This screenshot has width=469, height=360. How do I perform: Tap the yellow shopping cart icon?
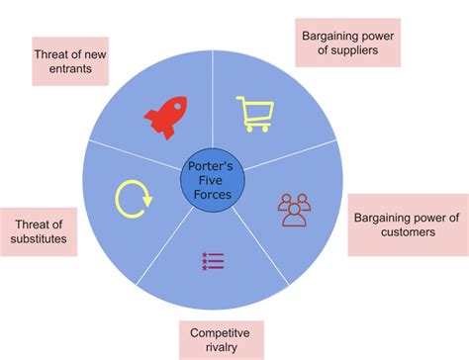pos(254,114)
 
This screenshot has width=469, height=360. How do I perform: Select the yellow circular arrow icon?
pos(134,198)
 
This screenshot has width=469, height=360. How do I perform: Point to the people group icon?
pos(294,209)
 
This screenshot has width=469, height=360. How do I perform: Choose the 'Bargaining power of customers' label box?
pos(406,225)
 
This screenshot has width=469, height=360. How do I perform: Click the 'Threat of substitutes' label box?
pos(40,231)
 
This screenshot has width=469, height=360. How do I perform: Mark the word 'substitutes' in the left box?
pos(40,239)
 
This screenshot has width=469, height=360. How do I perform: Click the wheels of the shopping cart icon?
pos(256,128)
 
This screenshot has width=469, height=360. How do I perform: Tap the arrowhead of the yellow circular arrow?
pos(147,202)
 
